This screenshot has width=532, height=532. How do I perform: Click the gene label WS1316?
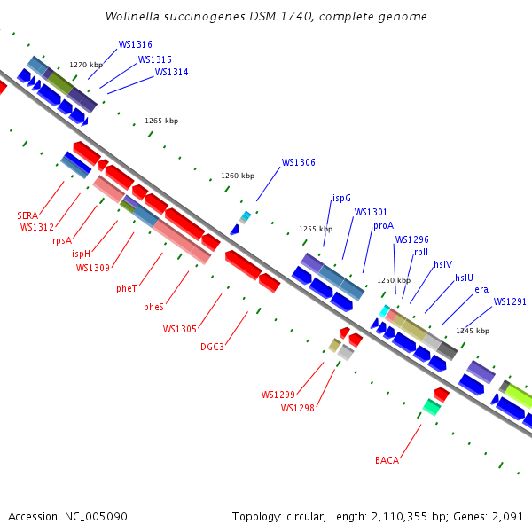(x=135, y=44)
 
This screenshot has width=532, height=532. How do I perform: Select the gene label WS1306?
(x=298, y=162)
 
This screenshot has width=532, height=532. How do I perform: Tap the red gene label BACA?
(x=387, y=460)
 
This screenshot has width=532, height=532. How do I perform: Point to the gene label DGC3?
(x=212, y=347)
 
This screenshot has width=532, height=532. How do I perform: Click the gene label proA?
(x=383, y=226)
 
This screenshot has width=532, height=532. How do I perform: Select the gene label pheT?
(x=127, y=288)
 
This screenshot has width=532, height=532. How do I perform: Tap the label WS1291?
(x=510, y=302)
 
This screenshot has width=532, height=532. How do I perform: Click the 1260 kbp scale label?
(x=238, y=176)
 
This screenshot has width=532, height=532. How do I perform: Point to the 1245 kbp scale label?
(x=473, y=331)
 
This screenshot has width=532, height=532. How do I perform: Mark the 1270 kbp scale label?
(x=86, y=65)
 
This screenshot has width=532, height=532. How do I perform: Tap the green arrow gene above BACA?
(x=431, y=407)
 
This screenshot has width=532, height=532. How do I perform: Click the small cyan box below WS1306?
(x=245, y=215)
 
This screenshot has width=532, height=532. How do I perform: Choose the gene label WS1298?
(x=297, y=408)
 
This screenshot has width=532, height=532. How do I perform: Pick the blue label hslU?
(x=464, y=278)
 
